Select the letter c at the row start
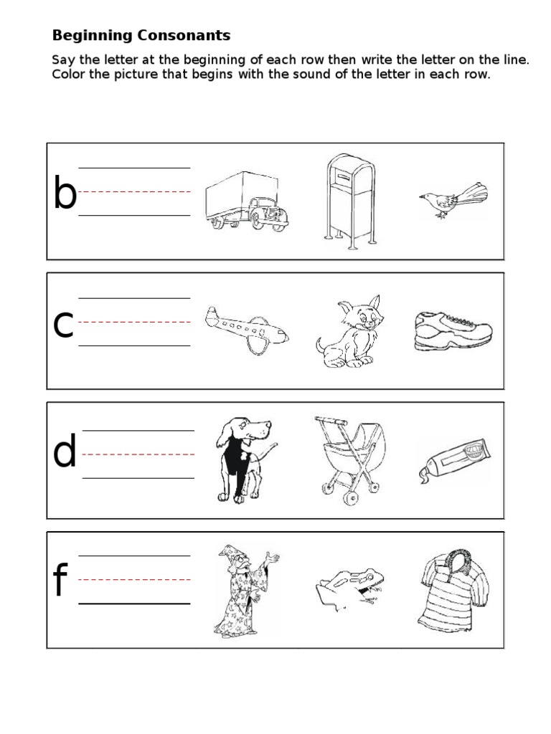pos(64,326)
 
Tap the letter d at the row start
pos(65,454)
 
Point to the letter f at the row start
pos(60,582)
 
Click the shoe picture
pos(453,330)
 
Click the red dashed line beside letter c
pos(134,322)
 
